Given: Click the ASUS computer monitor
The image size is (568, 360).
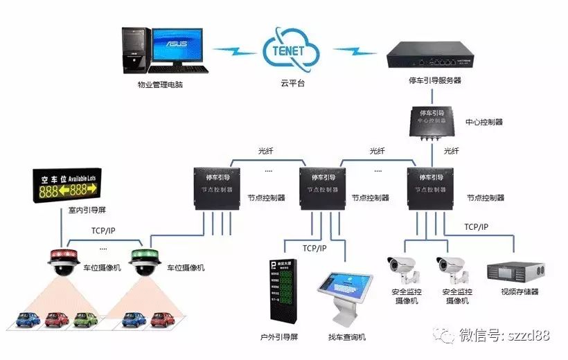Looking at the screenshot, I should point(177,46).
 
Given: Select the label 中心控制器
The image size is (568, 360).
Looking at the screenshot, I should point(484,122).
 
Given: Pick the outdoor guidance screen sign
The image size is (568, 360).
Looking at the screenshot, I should point(283,291).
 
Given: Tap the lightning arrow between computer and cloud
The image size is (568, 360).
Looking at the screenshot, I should point(236,51).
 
